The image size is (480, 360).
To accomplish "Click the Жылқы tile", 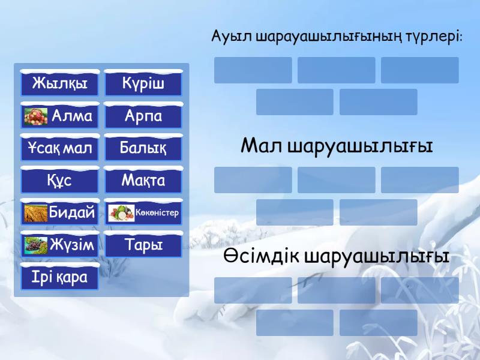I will (x=59, y=83).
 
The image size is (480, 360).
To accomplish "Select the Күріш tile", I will (x=143, y=83).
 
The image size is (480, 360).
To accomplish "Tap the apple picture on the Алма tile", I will (x=36, y=116).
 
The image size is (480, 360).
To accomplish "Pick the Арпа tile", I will (x=143, y=116).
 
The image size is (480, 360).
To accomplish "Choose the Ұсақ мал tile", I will (x=59, y=148).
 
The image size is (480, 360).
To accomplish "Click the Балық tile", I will (x=143, y=148).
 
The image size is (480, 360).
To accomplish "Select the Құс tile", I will (x=59, y=181).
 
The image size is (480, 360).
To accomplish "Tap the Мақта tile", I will (x=143, y=181).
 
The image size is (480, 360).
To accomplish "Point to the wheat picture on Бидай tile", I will (x=35, y=213).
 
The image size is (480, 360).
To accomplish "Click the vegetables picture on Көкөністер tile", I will (x=121, y=213).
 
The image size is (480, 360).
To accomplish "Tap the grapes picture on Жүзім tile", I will (x=35, y=245).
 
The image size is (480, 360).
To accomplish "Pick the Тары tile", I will (x=143, y=245).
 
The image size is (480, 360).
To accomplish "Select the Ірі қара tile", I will (x=59, y=278).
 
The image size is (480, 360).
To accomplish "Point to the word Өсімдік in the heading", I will (x=261, y=257).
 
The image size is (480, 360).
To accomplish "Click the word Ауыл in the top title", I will (x=231, y=37).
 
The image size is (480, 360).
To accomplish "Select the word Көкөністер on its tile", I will (x=157, y=213).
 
